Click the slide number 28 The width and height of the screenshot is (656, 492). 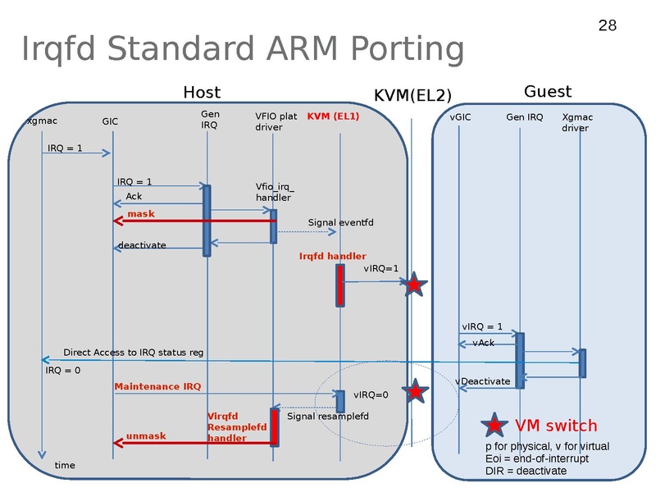coord(607,26)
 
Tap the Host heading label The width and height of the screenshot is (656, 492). coord(202,93)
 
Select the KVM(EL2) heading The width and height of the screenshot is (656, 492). coord(412,96)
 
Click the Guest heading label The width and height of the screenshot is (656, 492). coord(548,92)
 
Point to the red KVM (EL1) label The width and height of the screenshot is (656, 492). coord(333,116)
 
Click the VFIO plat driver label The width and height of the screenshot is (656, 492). coord(276,121)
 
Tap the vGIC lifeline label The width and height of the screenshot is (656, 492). coord(461,117)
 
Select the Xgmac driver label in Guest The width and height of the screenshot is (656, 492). coord(577,122)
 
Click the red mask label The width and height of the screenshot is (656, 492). coord(140,214)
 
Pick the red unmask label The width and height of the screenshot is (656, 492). coord(146,436)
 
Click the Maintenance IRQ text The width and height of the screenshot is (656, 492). coord(157,386)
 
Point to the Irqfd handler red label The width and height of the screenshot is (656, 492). coord(332,257)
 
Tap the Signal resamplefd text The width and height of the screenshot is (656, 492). coord(328,417)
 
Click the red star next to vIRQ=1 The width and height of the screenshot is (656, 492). coord(414,285)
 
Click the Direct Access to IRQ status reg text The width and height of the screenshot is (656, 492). coord(133,353)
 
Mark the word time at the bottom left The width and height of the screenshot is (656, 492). coord(64,466)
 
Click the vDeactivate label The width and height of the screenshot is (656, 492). coord(482,381)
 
